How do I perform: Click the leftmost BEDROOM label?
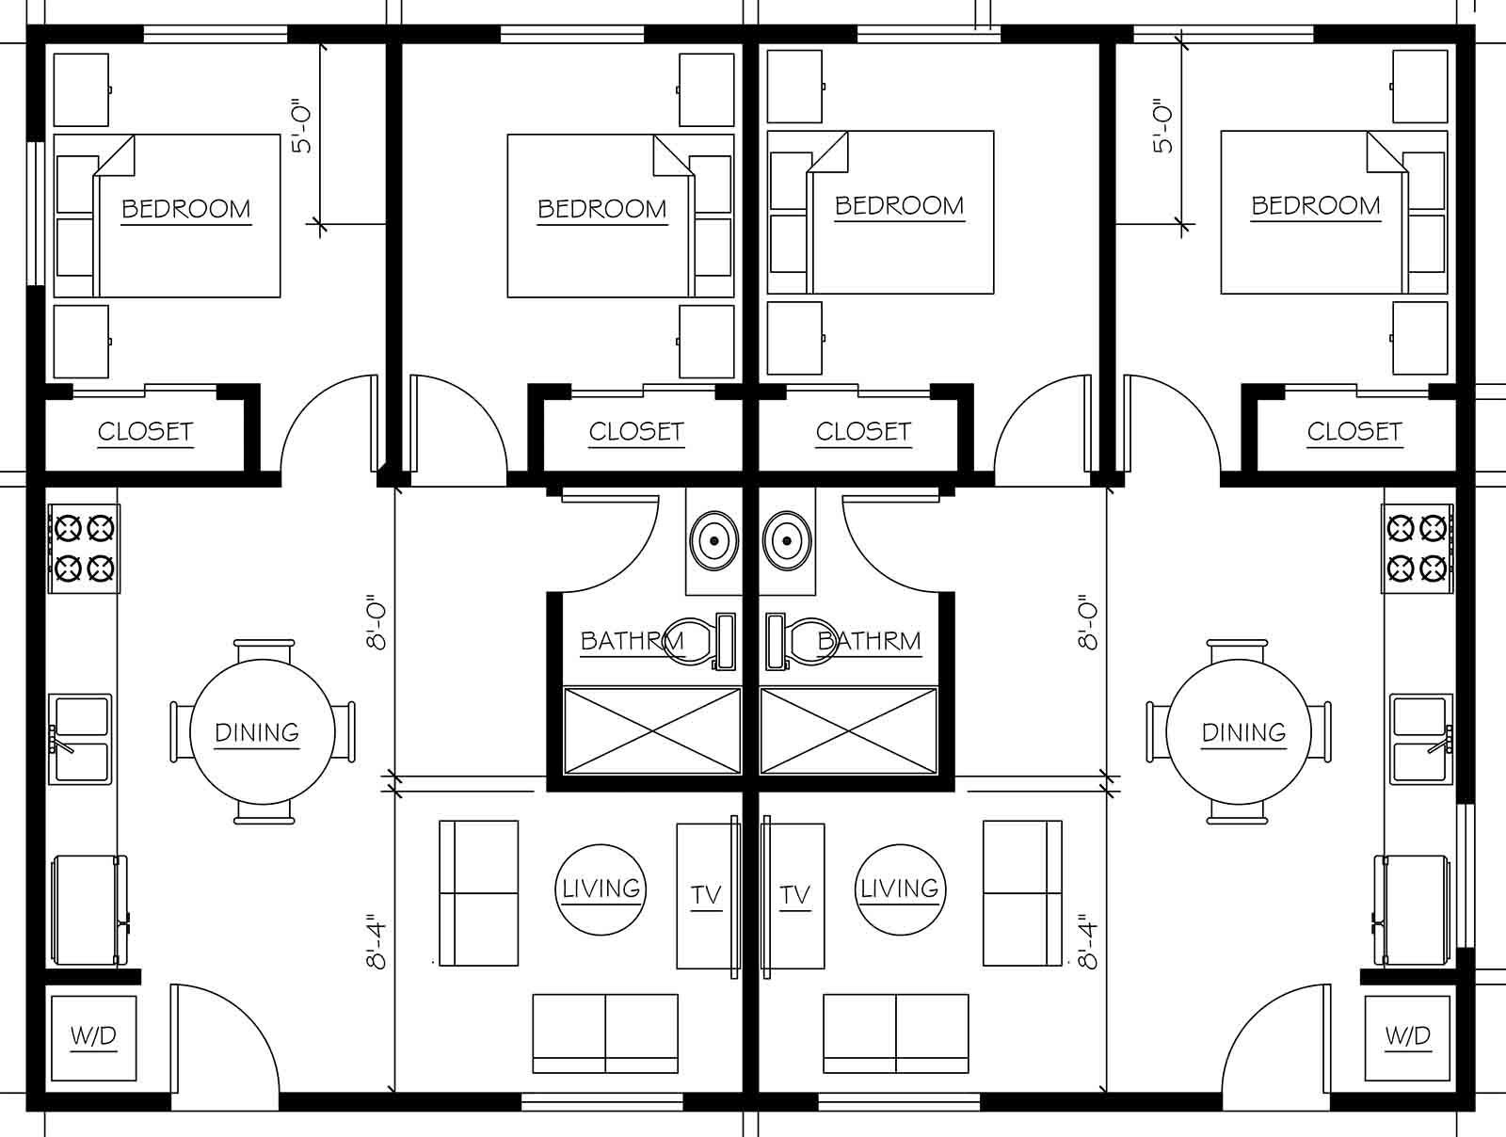[x=186, y=208]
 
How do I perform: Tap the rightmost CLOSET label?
[x=1354, y=431]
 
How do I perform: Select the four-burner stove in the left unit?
[x=85, y=549]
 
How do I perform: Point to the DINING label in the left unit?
[x=257, y=732]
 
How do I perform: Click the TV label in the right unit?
[x=794, y=895]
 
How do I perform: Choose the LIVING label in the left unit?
[x=601, y=889]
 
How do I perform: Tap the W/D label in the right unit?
[x=1407, y=1036]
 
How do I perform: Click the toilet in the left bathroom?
[x=697, y=641]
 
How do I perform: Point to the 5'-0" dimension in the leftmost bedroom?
[x=301, y=126]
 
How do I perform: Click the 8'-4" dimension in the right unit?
[x=1089, y=941]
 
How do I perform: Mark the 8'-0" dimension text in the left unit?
[x=378, y=622]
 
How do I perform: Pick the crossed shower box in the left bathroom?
[x=651, y=731]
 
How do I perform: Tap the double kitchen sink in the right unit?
[x=1422, y=739]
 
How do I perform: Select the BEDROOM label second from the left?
[x=601, y=208]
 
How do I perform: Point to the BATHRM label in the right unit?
[x=869, y=641]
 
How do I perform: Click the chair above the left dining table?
[x=263, y=651]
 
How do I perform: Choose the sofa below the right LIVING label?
[x=895, y=1033]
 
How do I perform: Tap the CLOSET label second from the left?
[x=636, y=431]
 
